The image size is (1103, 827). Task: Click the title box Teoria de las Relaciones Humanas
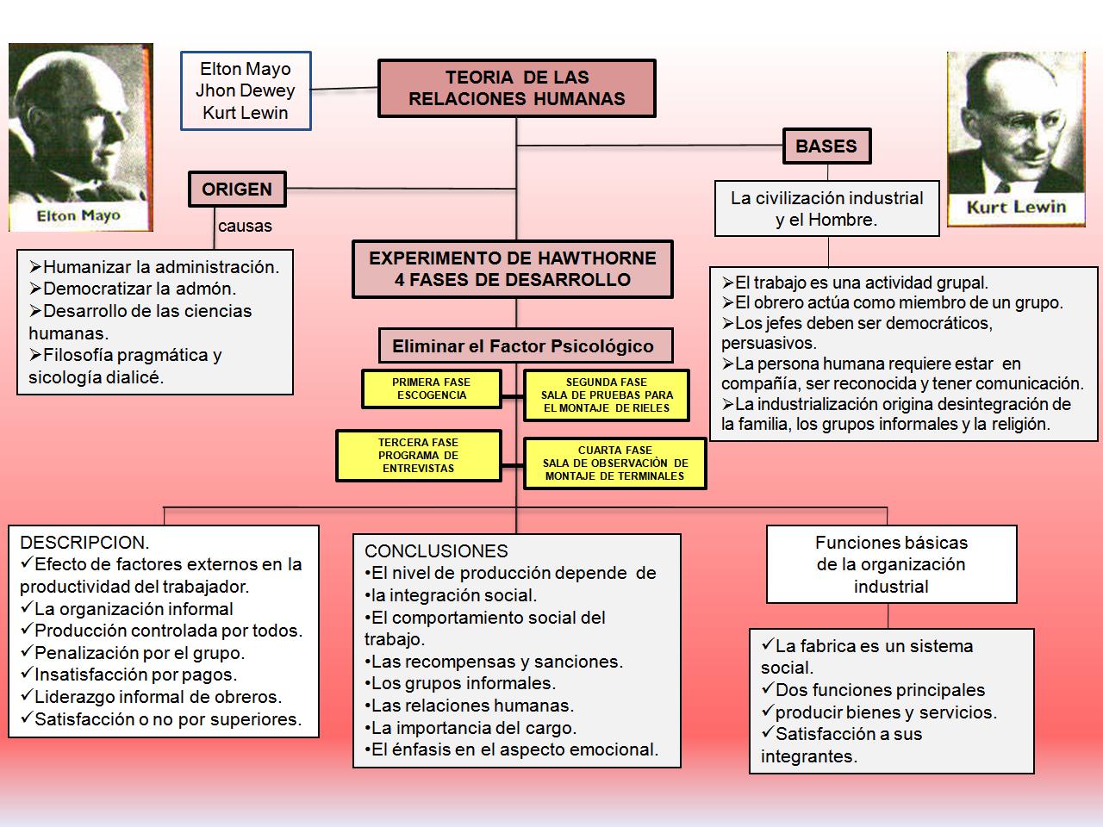click(x=516, y=88)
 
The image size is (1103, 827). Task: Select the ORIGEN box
click(x=237, y=190)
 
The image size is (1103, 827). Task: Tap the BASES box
click(x=826, y=146)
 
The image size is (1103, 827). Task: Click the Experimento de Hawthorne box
click(x=512, y=269)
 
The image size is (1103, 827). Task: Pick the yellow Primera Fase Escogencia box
click(x=431, y=389)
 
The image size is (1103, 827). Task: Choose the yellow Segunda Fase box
click(x=606, y=395)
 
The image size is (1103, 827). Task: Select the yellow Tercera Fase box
click(x=418, y=456)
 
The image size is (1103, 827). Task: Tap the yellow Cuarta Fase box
click(x=614, y=463)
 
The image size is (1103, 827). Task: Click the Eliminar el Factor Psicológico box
click(x=523, y=346)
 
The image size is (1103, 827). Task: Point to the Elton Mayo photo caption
click(x=78, y=215)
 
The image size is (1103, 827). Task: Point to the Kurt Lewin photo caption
click(x=1016, y=207)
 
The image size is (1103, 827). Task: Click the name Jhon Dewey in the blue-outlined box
click(x=245, y=90)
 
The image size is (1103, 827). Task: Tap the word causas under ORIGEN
click(x=245, y=227)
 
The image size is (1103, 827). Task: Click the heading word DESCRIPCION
click(x=84, y=543)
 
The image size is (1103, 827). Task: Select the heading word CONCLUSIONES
click(x=436, y=551)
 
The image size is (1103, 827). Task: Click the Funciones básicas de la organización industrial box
click(x=891, y=565)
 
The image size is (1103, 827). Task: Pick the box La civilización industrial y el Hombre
click(x=826, y=208)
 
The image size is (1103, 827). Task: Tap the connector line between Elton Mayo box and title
click(x=345, y=88)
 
